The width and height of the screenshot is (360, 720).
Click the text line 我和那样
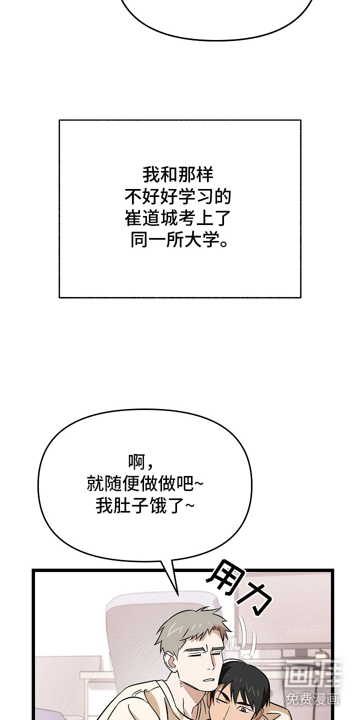tap(178, 175)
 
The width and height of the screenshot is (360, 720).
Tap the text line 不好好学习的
tap(178, 196)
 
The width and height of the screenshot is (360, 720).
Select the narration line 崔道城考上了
tap(178, 218)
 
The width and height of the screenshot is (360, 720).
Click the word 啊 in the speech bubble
tap(137, 461)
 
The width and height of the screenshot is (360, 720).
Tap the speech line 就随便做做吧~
tap(145, 483)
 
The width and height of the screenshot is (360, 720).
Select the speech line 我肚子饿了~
tap(145, 505)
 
